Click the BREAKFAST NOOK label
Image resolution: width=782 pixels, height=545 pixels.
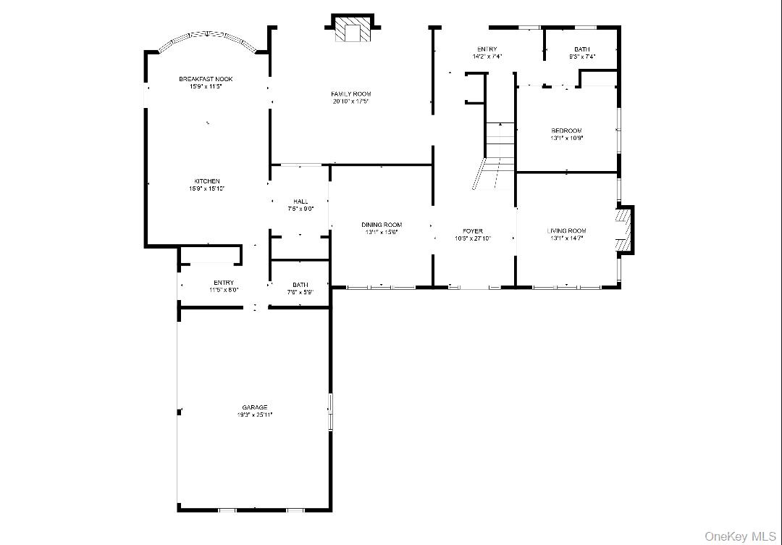coord(206,78)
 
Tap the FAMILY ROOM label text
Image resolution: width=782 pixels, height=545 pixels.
coord(350,94)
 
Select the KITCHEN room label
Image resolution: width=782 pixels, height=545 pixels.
coord(206,181)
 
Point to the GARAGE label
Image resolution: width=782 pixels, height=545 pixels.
coord(254,407)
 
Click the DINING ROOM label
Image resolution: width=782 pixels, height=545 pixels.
coord(382,225)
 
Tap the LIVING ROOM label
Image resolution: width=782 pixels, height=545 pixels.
coord(566,231)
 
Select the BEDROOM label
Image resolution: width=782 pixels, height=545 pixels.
coord(566,130)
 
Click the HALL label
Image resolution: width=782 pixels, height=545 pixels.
coord(300,201)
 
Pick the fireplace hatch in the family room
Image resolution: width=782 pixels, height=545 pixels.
coord(353,32)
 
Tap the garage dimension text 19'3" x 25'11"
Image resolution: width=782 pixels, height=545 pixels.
coord(254,415)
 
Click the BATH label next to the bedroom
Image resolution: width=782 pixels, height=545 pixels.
coord(582,49)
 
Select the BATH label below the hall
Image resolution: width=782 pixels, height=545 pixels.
coord(300,285)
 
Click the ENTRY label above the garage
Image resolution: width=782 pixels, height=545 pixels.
coord(224,283)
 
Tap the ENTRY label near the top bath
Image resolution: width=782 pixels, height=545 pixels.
coord(487,49)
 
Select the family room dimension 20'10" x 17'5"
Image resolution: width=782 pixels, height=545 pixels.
coord(350,101)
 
